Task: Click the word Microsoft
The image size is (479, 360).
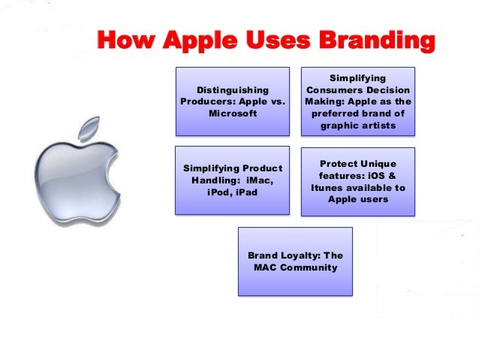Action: [x=233, y=113]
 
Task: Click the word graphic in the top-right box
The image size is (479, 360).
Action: [x=338, y=126]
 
